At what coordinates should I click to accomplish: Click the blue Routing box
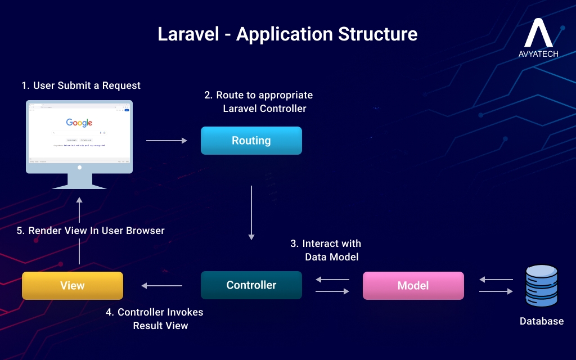coord(251,141)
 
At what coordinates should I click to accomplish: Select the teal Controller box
coord(251,285)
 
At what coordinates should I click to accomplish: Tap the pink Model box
coord(413,285)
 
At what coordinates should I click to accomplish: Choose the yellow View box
coord(72,286)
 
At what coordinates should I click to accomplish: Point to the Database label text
coord(541,321)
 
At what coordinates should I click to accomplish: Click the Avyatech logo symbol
coord(538,33)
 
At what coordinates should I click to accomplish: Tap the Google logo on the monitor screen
coord(79,123)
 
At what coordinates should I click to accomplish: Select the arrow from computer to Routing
coord(166,141)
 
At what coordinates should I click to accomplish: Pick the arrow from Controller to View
coord(162,286)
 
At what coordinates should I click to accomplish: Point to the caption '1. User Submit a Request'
coord(81,85)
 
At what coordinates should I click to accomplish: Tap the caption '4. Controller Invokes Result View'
coord(156,318)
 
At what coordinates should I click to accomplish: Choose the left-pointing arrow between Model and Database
coord(496,280)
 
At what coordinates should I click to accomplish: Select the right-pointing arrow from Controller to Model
coord(333,291)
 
